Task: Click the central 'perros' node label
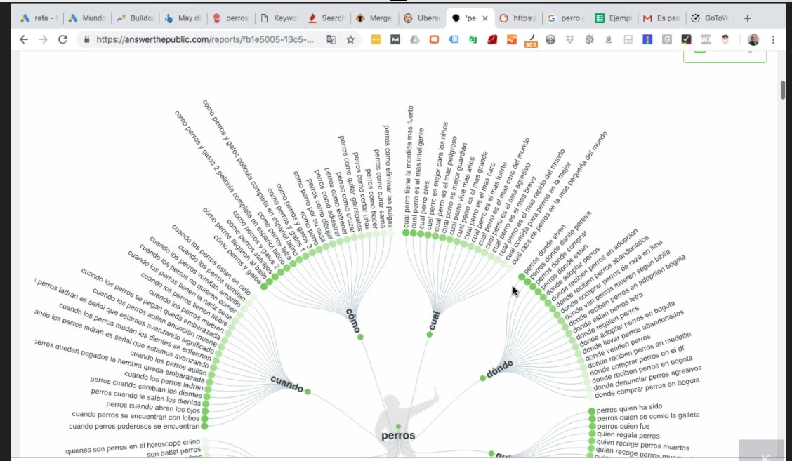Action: point(398,436)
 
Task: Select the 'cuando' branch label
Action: point(286,385)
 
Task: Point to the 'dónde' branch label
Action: point(501,369)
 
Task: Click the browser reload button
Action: point(62,40)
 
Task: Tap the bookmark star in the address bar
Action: point(350,40)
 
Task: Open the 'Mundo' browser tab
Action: point(92,18)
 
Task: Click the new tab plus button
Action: point(747,18)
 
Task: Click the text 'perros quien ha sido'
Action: point(630,406)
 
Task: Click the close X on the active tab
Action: point(484,18)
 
